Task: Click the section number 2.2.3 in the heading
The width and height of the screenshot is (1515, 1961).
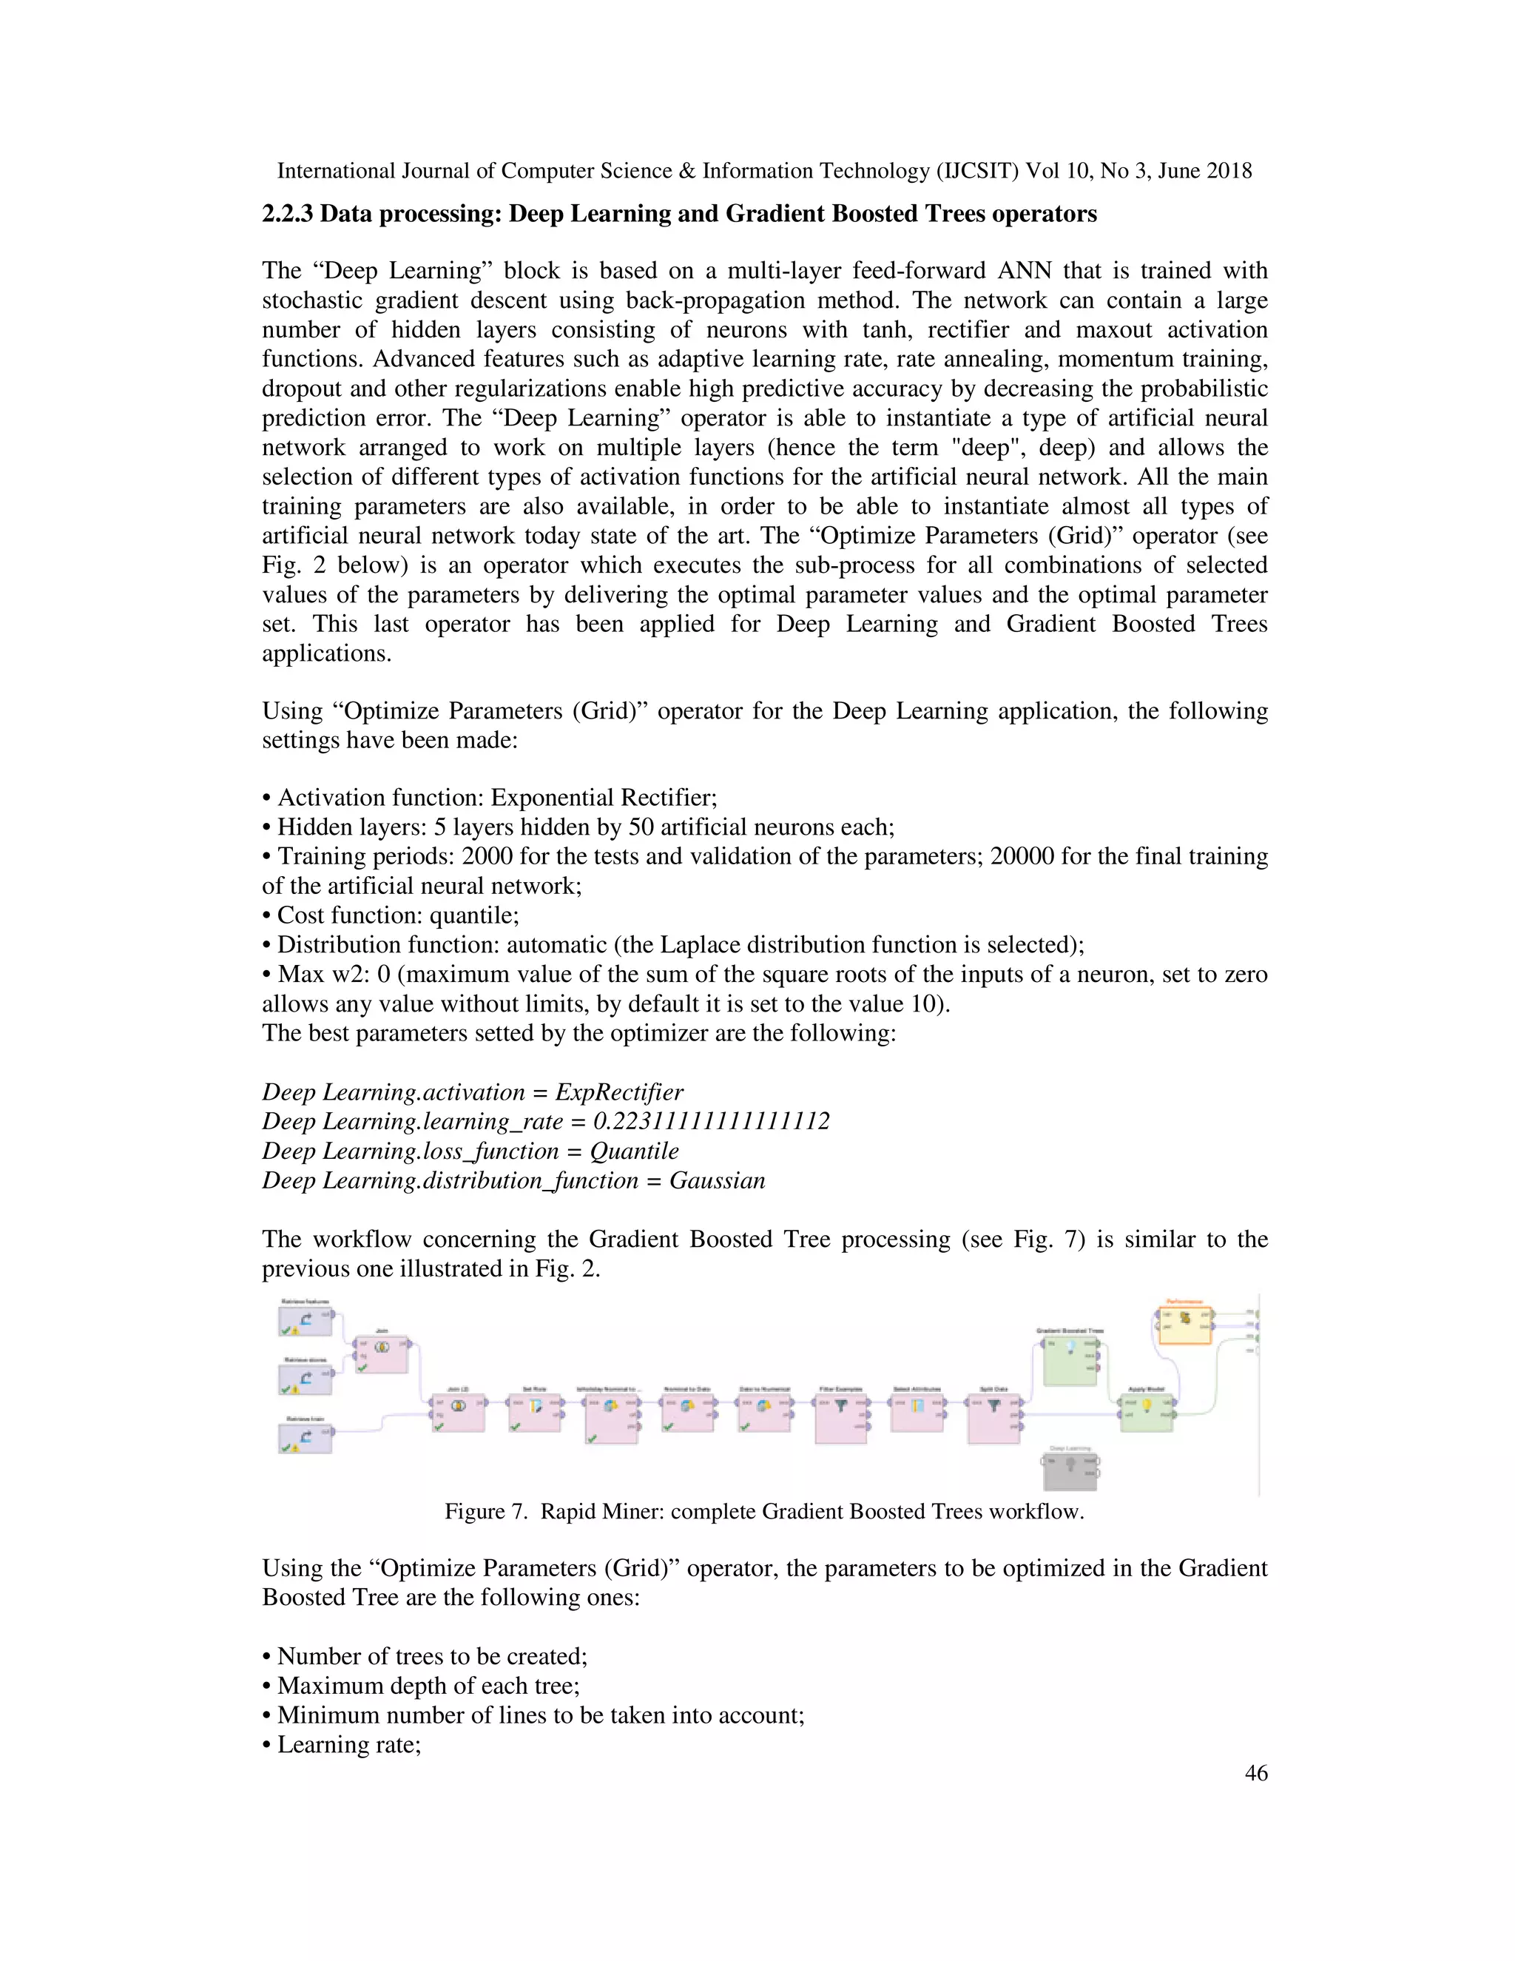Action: point(287,214)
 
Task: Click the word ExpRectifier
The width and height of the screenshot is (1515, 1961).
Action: point(618,1093)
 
